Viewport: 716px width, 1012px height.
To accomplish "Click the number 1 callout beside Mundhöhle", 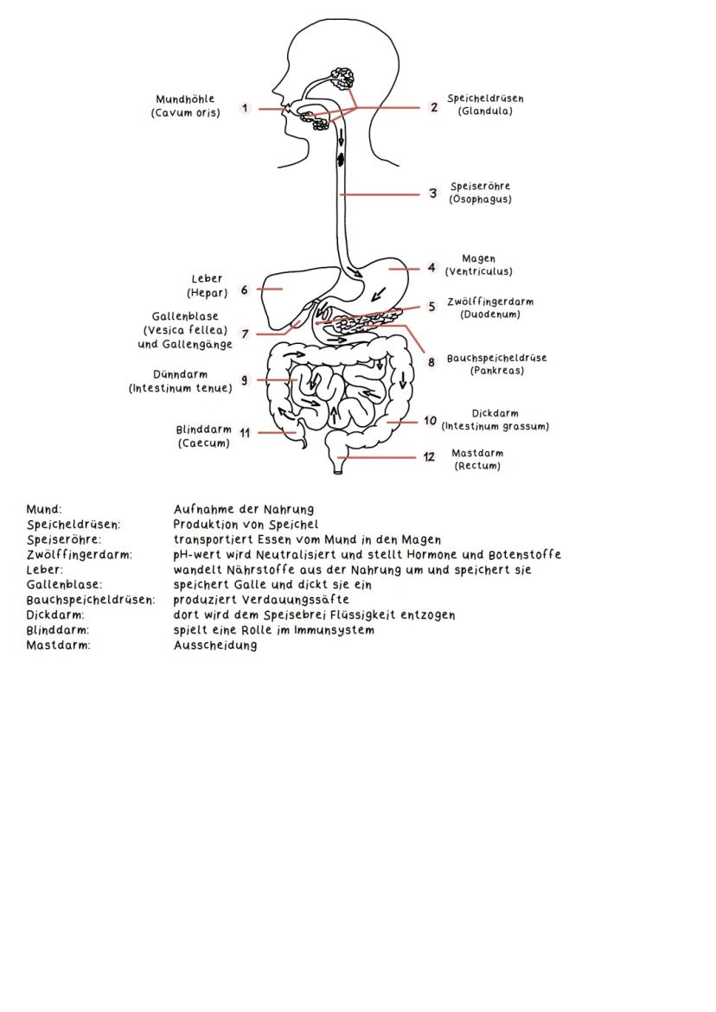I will coord(246,108).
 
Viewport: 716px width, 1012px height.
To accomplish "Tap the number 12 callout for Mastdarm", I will coord(430,457).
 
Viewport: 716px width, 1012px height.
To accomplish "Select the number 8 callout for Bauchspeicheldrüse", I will coord(432,362).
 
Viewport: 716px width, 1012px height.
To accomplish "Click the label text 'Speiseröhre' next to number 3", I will coord(480,186).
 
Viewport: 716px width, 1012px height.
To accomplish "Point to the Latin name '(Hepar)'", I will coord(207,293).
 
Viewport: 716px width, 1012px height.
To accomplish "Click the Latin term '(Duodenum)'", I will coord(489,315).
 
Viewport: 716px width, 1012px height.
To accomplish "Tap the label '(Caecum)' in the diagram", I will coord(204,443).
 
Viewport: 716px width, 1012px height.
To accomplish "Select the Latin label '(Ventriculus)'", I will coord(478,271).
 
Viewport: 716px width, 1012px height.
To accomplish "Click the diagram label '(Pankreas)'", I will coord(497,371).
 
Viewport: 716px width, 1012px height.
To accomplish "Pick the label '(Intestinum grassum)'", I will coord(495,426).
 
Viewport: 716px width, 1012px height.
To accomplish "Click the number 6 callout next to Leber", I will coord(245,290).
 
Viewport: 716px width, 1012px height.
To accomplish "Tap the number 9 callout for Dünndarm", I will coord(245,380).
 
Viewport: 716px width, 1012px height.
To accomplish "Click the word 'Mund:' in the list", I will coord(44,510).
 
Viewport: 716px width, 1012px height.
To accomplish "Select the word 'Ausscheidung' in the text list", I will coord(215,646).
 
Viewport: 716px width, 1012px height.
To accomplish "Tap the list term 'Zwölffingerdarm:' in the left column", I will coord(79,555).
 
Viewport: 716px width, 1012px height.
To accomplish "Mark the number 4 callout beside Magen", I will coord(431,268).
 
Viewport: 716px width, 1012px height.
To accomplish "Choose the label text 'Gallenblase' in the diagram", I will coord(185,317).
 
